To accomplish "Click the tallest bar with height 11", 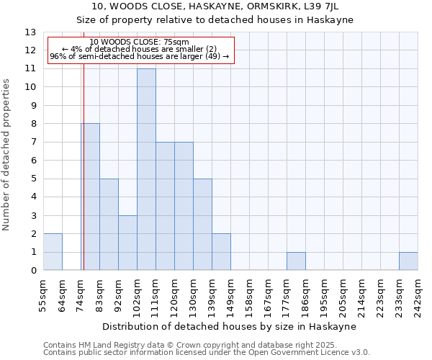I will pos(146,169).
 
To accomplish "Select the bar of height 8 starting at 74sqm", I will pos(90,197).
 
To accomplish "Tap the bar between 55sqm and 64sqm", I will pos(53,252).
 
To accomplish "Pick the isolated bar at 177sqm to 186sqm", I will pos(296,261).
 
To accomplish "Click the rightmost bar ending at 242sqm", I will pos(408,261).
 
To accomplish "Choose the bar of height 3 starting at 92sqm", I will pos(127,243).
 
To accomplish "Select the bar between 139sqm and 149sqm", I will pos(221,252).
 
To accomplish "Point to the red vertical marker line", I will pos(84,180).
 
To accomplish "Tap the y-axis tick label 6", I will pos(32,161).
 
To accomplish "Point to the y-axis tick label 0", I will pos(32,271).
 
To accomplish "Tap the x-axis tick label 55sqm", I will pos(44,294).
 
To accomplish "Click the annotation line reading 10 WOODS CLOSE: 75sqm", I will pos(140,42).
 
